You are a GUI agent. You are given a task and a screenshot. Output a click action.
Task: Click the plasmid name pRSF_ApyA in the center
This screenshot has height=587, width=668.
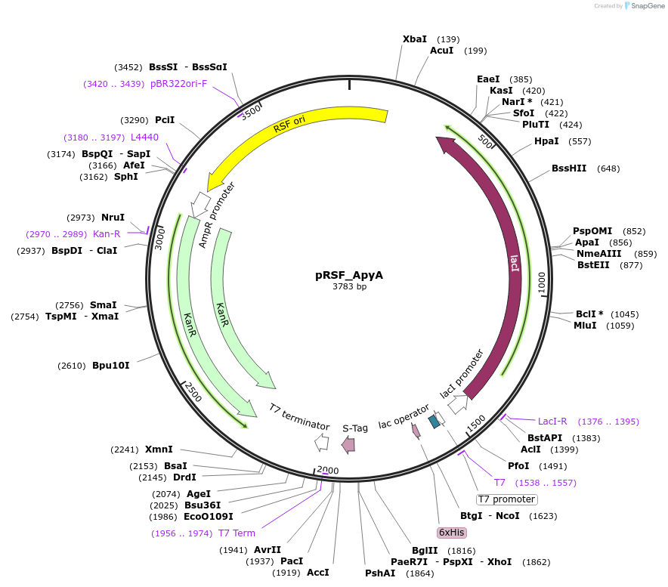348,275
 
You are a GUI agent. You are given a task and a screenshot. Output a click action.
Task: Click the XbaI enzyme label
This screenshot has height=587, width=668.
415,39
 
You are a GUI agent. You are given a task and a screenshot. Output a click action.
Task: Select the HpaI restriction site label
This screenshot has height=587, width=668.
546,141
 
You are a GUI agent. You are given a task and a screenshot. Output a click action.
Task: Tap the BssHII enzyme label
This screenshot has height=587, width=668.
569,168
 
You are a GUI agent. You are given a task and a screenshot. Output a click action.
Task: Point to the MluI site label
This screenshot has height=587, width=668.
585,326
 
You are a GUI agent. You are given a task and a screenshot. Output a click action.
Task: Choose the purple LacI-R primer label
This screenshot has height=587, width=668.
552,422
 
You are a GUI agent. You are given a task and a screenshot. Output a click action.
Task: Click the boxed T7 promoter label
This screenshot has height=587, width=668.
506,499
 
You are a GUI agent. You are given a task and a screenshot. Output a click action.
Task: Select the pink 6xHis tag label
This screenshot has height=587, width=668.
451,532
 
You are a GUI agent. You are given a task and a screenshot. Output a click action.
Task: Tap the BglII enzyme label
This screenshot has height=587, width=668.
425,551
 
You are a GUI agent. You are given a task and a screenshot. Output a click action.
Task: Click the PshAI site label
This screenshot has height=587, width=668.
380,573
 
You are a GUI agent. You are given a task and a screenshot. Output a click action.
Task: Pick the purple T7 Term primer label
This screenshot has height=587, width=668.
237,533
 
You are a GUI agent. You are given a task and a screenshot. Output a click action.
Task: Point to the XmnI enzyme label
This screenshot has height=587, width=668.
159,450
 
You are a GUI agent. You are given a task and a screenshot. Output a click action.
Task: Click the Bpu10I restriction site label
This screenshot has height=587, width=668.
111,366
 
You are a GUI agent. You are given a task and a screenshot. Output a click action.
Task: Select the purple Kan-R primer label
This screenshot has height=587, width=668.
107,234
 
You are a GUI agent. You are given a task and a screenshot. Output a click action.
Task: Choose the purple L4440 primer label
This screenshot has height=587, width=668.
144,137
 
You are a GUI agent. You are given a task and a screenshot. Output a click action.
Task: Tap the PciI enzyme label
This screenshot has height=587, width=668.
165,120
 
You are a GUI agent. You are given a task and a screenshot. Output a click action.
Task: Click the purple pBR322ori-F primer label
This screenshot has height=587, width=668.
178,84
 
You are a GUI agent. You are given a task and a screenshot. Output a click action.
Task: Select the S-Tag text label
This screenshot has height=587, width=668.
355,428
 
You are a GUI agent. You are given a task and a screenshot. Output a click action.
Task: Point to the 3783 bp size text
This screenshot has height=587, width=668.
349,287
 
